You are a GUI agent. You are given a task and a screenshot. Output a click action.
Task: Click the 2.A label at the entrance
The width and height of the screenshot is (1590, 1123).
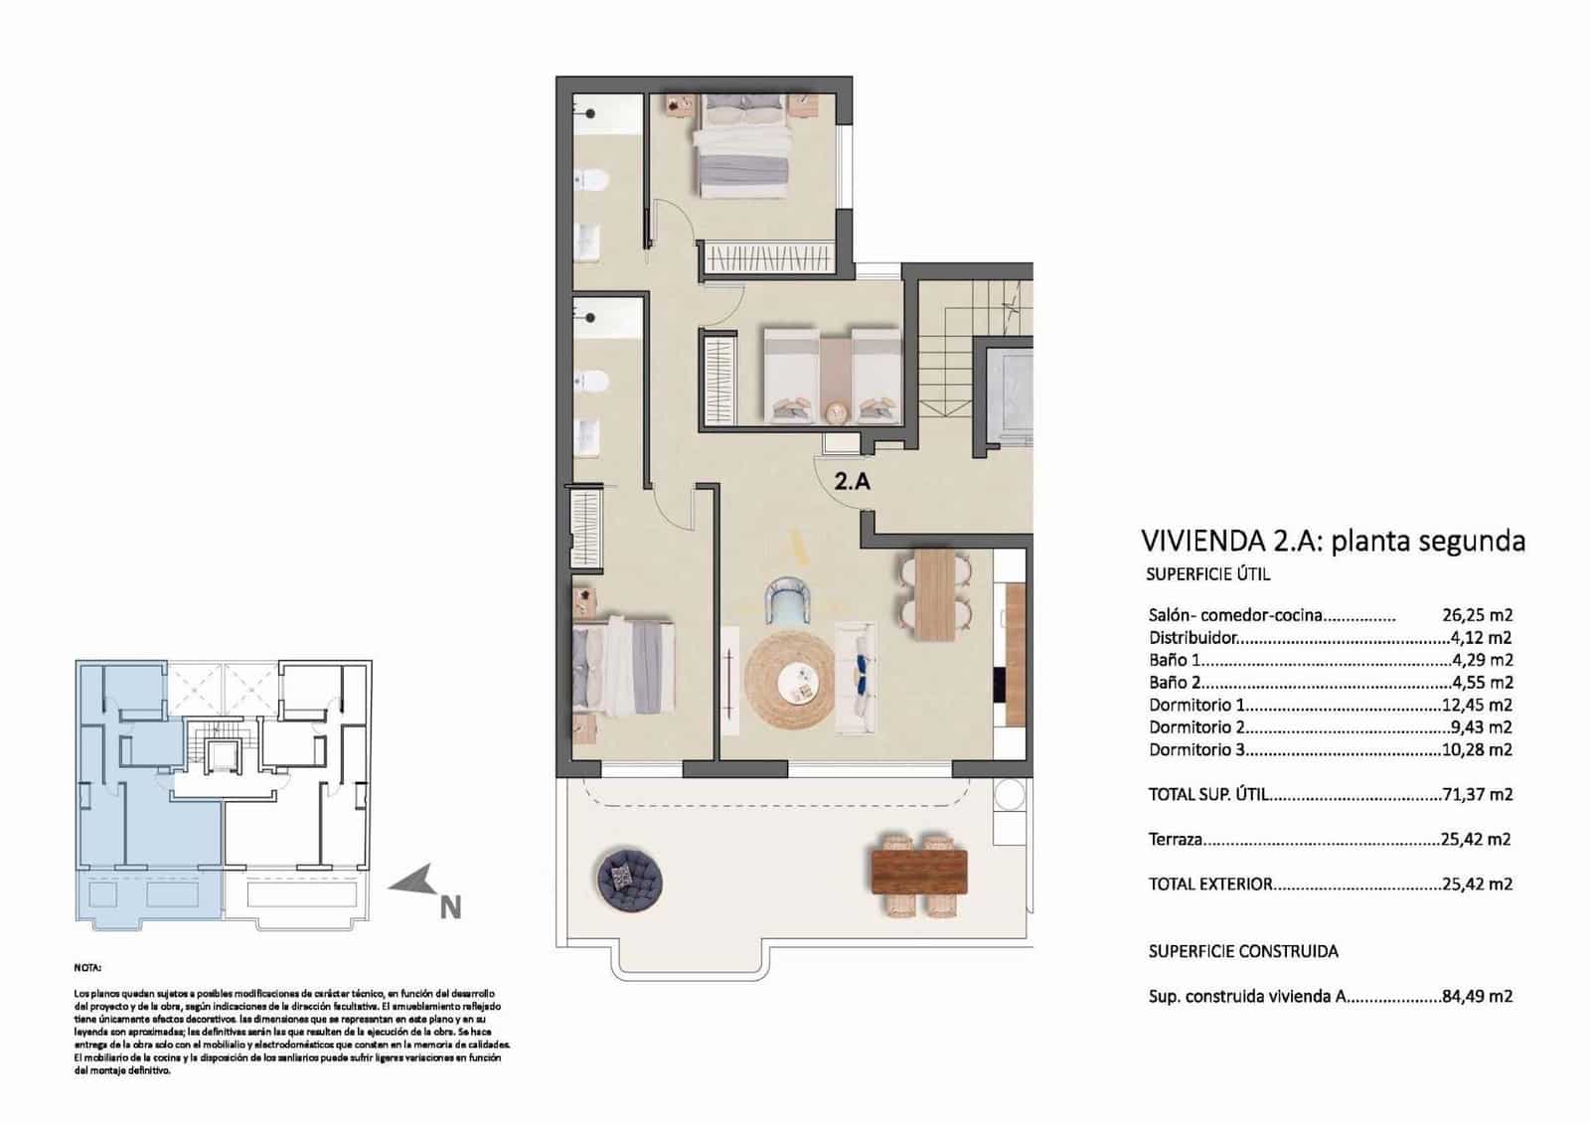click(x=852, y=482)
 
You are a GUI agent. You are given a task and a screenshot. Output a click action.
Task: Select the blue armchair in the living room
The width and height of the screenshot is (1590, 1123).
click(x=791, y=602)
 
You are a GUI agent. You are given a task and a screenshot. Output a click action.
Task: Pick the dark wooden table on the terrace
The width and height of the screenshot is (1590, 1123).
click(x=918, y=872)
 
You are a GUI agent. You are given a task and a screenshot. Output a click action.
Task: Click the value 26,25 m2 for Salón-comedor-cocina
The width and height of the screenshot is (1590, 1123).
click(x=1477, y=615)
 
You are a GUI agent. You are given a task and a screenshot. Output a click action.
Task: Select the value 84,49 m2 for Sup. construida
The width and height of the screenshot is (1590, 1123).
click(x=1477, y=996)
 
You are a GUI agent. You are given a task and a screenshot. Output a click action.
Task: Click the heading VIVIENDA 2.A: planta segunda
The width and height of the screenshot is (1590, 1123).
click(x=1333, y=542)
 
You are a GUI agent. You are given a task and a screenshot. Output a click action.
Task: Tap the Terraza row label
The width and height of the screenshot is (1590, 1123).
click(x=1176, y=840)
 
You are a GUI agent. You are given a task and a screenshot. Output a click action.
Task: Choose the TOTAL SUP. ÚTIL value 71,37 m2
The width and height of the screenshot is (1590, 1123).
click(x=1477, y=794)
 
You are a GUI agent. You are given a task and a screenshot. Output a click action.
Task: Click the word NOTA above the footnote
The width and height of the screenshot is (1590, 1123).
click(x=87, y=967)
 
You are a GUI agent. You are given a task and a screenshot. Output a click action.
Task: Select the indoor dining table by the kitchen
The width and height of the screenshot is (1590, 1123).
click(x=934, y=594)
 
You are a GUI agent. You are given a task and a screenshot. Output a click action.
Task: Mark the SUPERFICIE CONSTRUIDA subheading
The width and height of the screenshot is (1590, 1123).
click(x=1242, y=951)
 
